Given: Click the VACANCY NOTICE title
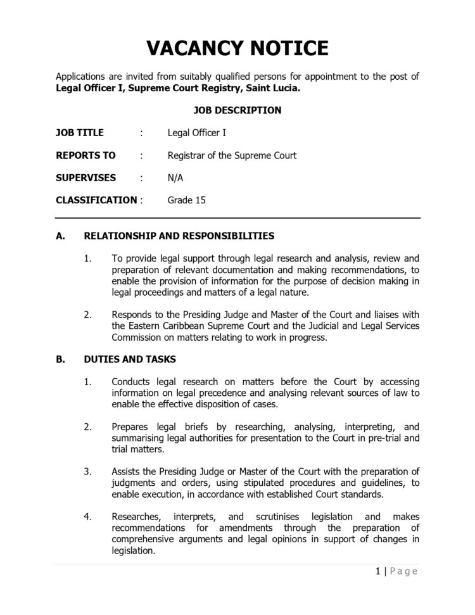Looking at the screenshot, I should [x=237, y=48].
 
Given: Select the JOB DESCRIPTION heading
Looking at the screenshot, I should [x=237, y=110].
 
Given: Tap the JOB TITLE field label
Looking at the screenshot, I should [x=80, y=133].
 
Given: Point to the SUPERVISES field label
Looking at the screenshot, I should [x=85, y=178].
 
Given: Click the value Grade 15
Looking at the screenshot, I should [x=186, y=200].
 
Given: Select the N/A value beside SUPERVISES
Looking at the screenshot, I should [x=175, y=178].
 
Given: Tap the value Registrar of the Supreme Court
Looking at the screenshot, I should [x=232, y=155].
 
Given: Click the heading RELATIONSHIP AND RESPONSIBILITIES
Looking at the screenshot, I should [x=179, y=236].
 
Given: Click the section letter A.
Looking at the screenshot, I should [x=60, y=236].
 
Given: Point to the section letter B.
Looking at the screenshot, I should [x=60, y=359].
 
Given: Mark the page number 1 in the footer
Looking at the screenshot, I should [x=377, y=571].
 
